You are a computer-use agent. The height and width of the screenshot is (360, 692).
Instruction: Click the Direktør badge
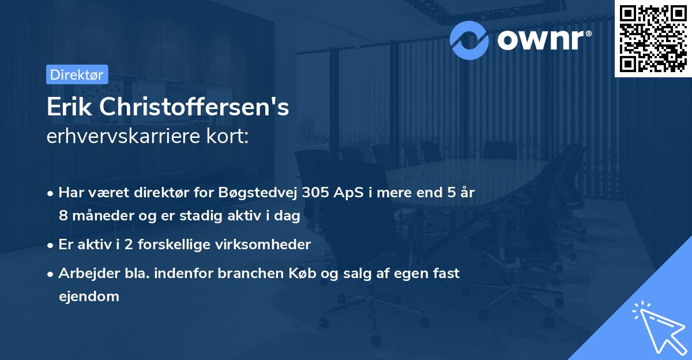77,74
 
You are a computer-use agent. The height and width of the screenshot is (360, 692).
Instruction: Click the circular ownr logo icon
470,40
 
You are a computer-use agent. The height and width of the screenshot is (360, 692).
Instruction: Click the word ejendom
89,297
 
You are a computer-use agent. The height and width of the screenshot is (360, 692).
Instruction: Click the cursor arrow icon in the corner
657,327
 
